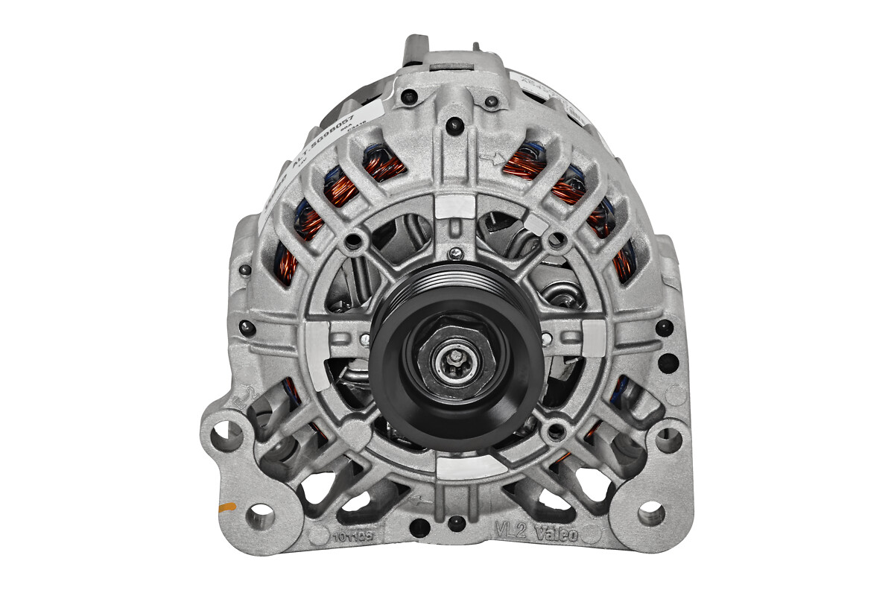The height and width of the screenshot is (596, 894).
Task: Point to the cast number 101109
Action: (352, 534)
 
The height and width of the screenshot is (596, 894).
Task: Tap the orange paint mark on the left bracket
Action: (226, 507)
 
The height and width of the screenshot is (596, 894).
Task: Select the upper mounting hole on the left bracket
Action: (226, 434)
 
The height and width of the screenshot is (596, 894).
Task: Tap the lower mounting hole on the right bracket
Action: (650, 513)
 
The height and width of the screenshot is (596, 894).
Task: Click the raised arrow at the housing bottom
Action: (425, 501)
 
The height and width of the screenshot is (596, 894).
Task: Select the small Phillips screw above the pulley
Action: (454, 254)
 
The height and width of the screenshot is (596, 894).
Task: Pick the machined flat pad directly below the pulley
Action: (456, 466)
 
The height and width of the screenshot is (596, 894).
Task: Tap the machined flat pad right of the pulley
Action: (593, 337)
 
